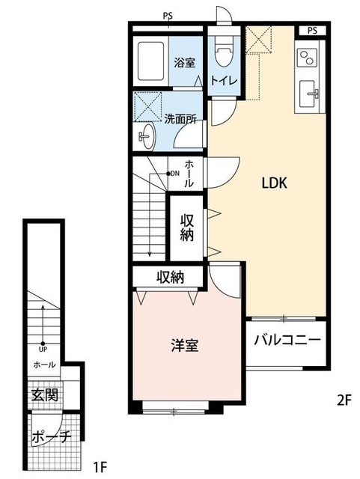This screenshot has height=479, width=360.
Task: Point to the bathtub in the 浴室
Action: click(x=152, y=62)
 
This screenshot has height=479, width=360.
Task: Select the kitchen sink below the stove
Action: click(x=309, y=94)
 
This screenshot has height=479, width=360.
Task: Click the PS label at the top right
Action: click(x=312, y=30)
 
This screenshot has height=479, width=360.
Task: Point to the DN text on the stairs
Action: click(x=174, y=174)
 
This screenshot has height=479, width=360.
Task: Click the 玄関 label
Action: click(x=44, y=394)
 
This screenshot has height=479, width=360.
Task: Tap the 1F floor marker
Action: click(x=101, y=468)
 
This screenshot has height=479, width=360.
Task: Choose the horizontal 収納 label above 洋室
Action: click(x=171, y=278)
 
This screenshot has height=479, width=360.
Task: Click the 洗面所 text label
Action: click(x=180, y=118)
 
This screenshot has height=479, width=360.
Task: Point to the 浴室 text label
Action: click(x=185, y=62)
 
